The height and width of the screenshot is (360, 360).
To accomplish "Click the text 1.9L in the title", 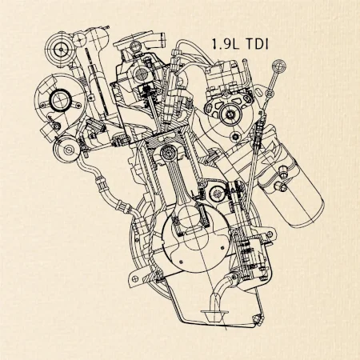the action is (225, 44).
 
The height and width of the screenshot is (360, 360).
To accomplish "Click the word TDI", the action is (257, 44).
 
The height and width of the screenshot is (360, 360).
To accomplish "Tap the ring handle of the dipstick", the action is (278, 66).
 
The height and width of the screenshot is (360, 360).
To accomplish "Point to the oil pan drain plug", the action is (257, 318).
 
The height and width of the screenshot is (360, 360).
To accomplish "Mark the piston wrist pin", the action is (168, 153).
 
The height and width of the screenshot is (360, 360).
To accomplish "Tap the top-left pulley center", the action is (61, 50).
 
